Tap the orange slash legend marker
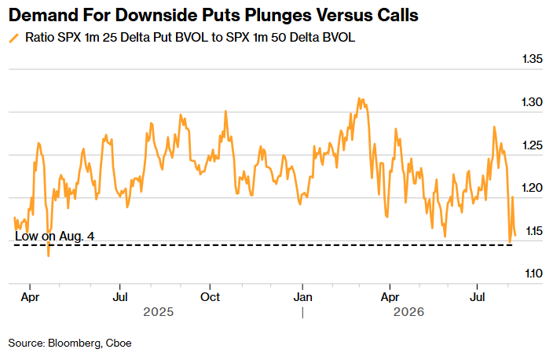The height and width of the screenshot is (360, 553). click(x=14, y=38)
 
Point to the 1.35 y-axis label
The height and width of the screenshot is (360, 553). click(x=533, y=59)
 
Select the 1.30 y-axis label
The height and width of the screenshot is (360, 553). click(x=533, y=102)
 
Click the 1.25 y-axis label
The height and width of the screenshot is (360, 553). click(x=533, y=145)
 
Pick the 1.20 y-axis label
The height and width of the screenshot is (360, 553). click(x=533, y=188)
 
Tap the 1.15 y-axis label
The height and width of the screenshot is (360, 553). click(x=534, y=231)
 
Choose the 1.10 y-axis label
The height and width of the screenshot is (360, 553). click(x=533, y=274)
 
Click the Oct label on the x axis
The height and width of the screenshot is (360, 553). click(x=211, y=297)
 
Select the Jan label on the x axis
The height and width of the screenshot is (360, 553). click(x=303, y=297)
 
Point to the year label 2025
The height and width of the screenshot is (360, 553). click(x=159, y=312)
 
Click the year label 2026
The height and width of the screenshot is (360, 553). click(x=408, y=312)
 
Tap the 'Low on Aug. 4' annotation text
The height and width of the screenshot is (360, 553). click(x=55, y=236)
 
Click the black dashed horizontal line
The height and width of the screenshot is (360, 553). click(x=263, y=245)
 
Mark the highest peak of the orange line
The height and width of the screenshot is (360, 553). click(x=359, y=98)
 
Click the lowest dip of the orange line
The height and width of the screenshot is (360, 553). click(x=49, y=256)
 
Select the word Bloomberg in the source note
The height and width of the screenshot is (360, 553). click(x=74, y=343)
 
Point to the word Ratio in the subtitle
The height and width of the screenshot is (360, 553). click(x=39, y=38)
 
